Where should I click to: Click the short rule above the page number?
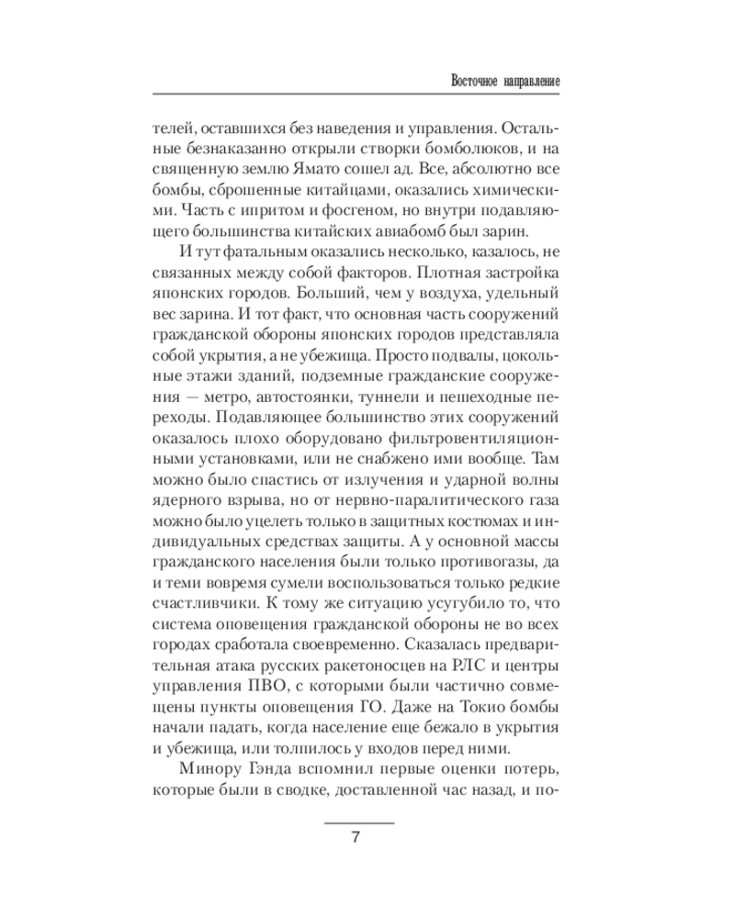point(360,823)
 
